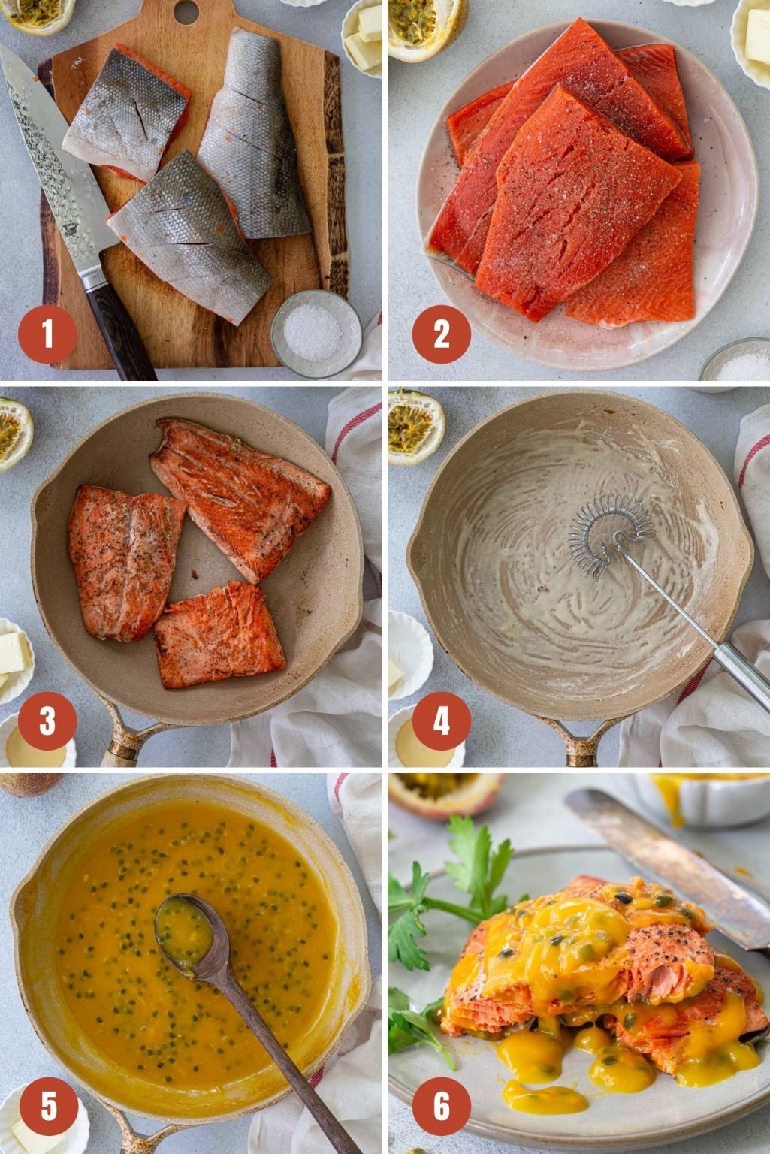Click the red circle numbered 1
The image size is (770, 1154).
pos(47,334)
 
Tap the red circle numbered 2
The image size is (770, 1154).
pos(442,334)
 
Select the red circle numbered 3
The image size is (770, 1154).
pos(47,721)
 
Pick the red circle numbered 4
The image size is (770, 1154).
pos(442,721)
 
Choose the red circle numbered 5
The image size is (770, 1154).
pos(47,1107)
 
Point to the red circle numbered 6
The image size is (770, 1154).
pos(442,1107)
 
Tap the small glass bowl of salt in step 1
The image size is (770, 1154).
pos(316,331)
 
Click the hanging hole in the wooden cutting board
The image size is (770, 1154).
pos(186,12)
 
